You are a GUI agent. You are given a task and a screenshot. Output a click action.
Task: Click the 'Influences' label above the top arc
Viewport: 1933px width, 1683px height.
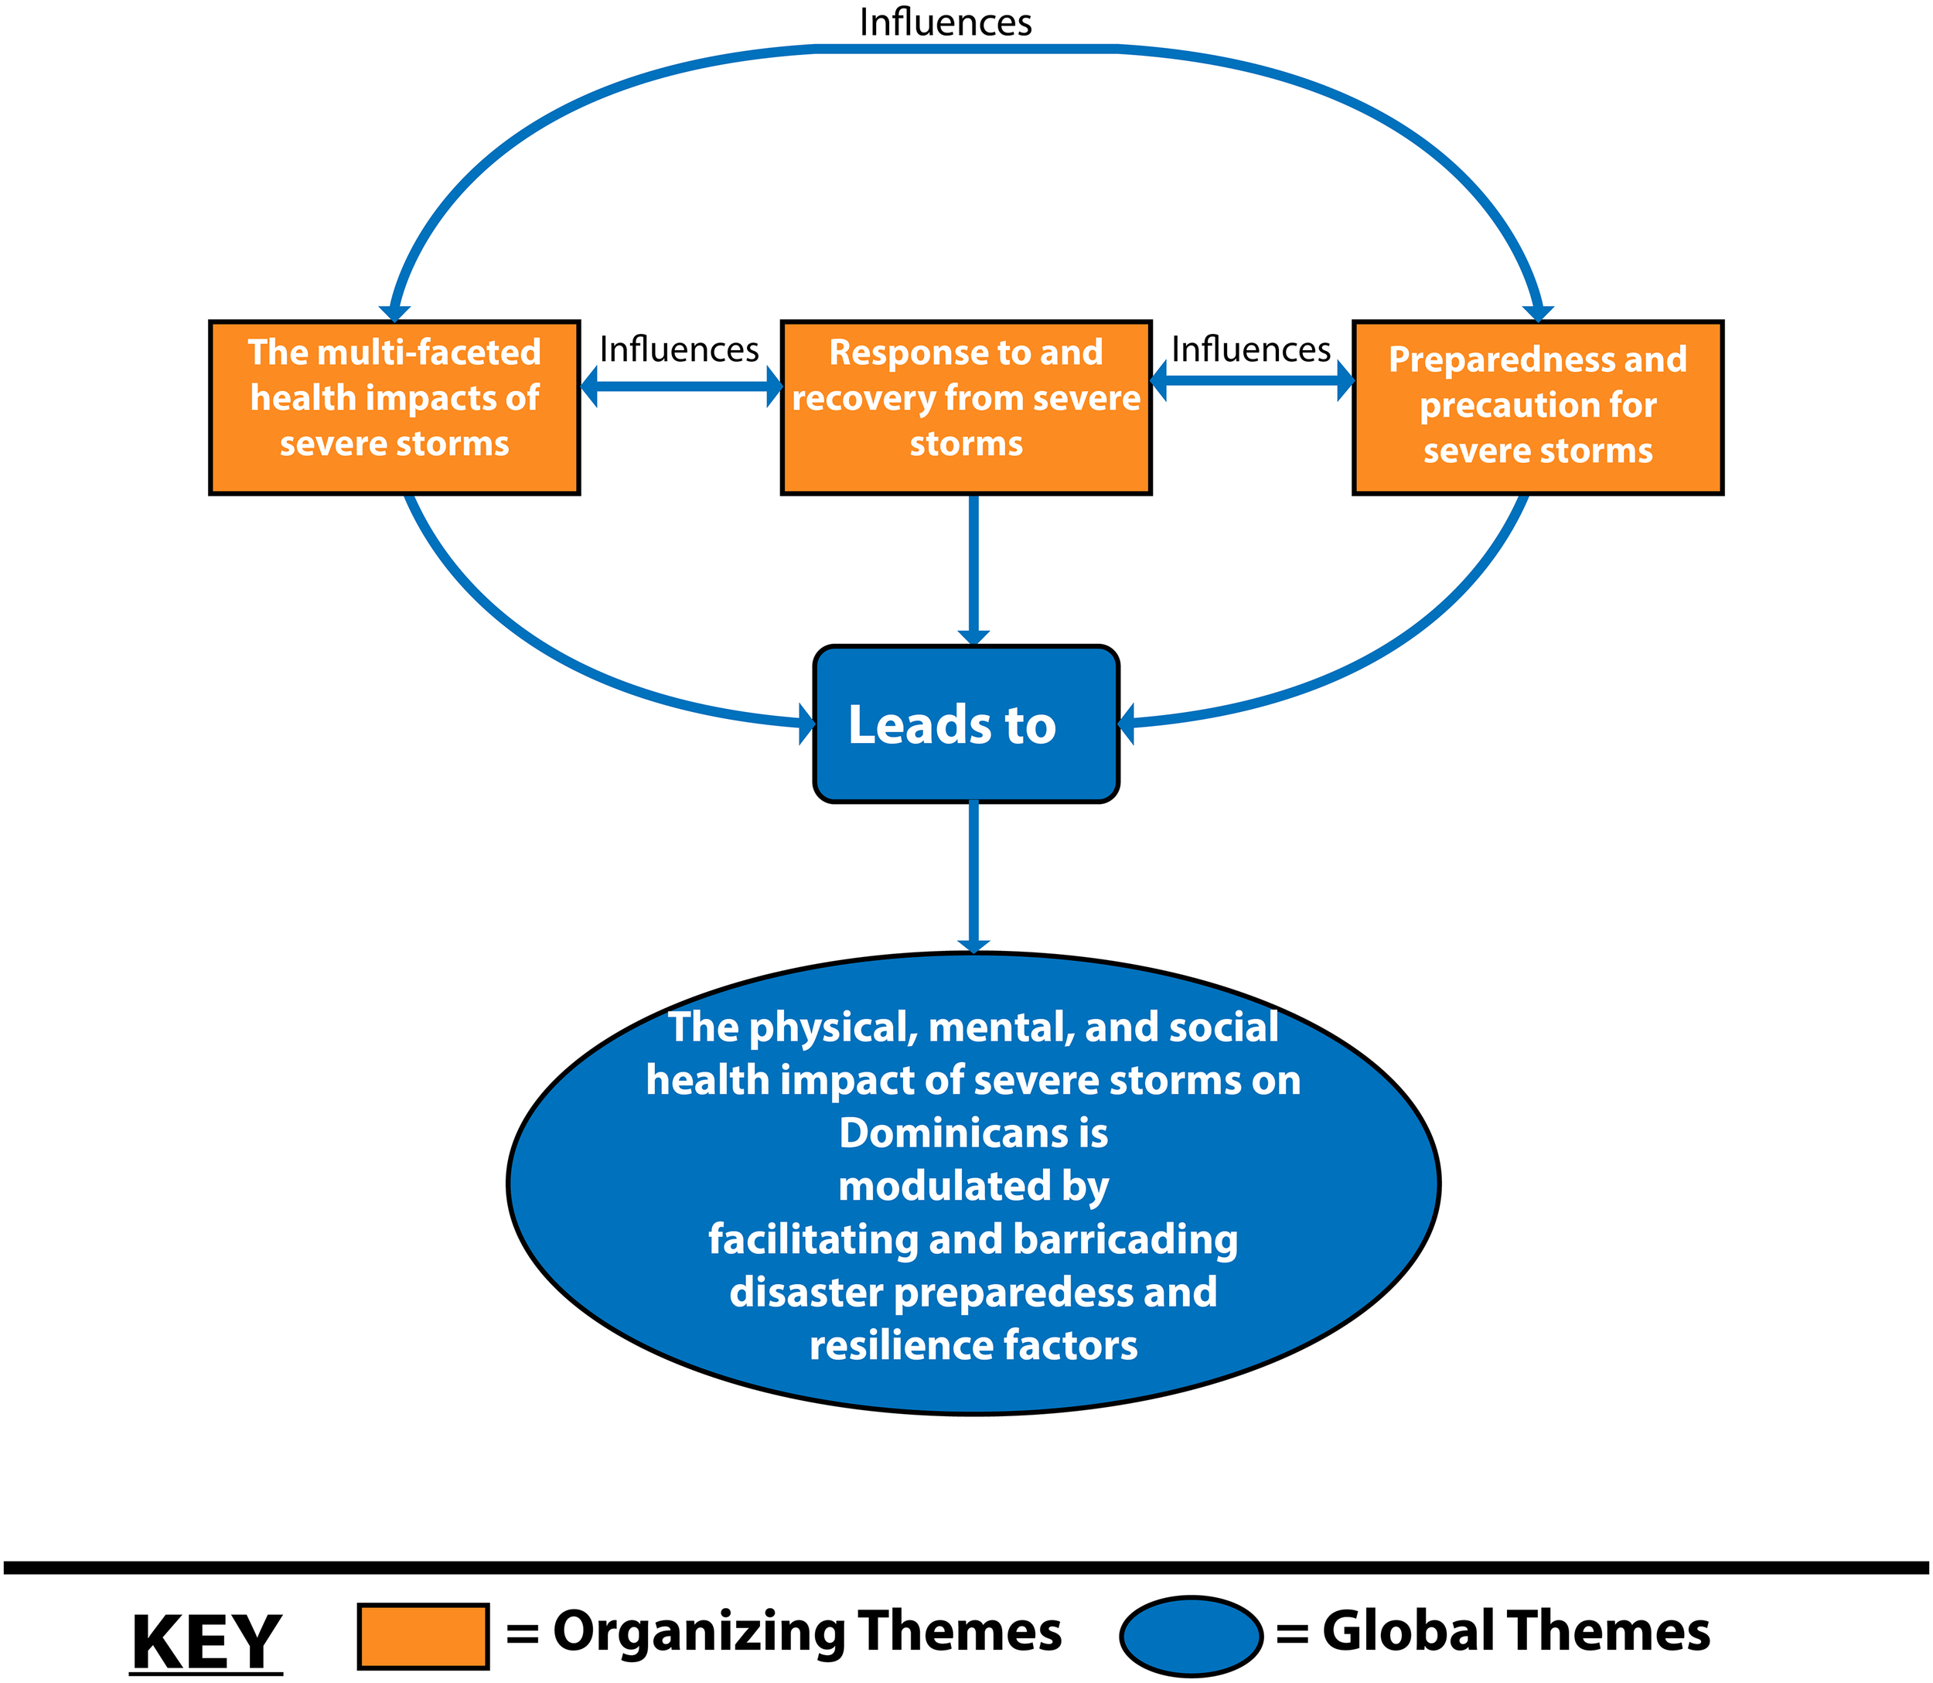click(x=945, y=22)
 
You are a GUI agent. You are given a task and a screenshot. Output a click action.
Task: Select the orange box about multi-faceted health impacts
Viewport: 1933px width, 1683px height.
click(x=394, y=407)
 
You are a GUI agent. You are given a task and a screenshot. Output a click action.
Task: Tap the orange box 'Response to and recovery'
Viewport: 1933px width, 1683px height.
click(x=965, y=407)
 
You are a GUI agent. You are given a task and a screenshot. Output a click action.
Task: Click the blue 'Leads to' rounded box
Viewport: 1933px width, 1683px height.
click(x=965, y=724)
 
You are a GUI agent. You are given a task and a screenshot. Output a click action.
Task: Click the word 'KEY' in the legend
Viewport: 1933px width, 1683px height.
click(x=206, y=1642)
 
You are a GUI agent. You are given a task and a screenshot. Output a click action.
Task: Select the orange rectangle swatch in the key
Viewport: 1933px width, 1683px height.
click(x=423, y=1636)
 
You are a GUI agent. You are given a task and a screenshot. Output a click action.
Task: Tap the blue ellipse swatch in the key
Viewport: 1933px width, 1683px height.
click(x=1190, y=1636)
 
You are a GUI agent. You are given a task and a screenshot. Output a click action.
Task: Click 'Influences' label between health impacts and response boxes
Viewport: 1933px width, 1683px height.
click(x=678, y=350)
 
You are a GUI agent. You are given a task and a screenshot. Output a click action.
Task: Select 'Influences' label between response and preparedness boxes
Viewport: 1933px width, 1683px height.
click(x=1250, y=350)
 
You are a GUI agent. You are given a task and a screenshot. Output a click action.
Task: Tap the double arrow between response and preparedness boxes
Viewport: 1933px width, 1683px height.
click(x=1251, y=380)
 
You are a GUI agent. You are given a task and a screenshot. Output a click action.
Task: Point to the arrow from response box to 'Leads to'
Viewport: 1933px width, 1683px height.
click(x=973, y=568)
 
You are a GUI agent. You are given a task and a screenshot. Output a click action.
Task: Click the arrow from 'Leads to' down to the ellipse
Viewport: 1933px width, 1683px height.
click(x=973, y=875)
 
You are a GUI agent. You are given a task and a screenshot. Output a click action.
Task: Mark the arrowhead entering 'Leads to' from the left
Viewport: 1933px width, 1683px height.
click(x=806, y=724)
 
